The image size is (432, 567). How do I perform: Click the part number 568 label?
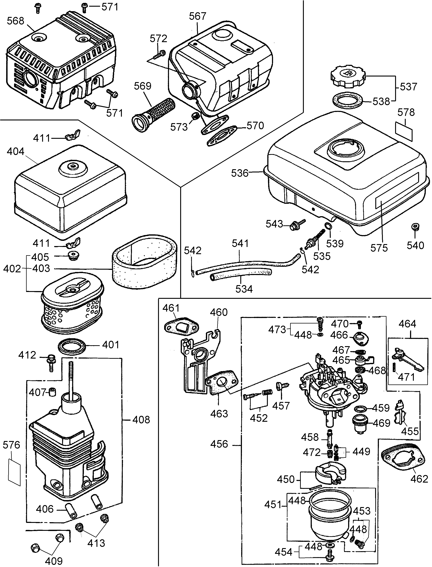click(15, 21)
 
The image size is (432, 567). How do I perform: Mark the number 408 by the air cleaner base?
click(141, 420)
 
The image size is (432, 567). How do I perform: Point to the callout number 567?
click(197, 16)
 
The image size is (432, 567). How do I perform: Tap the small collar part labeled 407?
click(53, 392)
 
